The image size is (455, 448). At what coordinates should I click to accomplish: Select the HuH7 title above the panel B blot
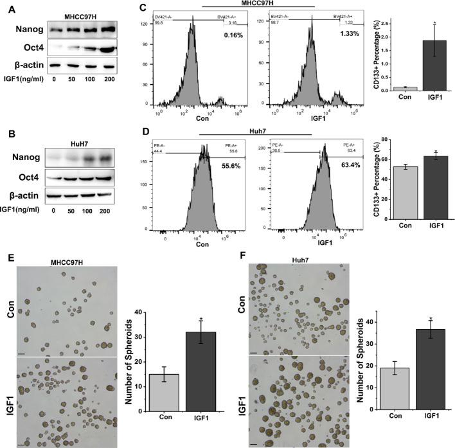point(76,138)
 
